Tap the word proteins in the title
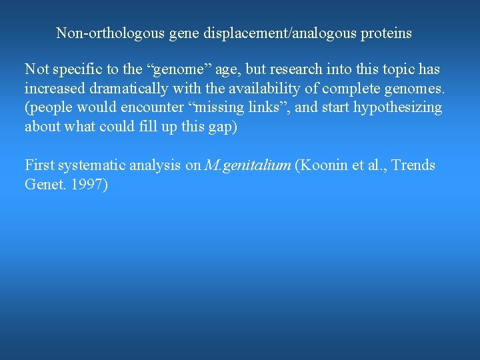(x=385, y=33)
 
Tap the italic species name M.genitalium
(x=248, y=165)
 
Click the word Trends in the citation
(x=413, y=165)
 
